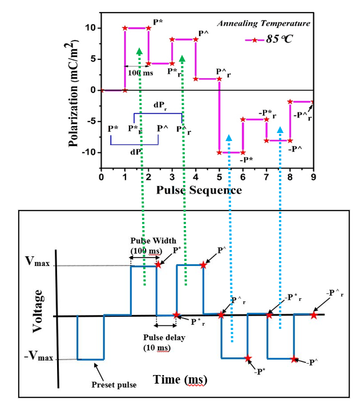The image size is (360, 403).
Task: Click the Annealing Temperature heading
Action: coord(264,24)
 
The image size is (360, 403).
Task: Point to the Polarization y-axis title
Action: coord(74,94)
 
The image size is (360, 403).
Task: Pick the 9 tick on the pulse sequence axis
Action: coord(313,177)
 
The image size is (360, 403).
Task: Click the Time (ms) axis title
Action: coord(180,380)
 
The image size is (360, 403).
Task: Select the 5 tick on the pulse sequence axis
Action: coord(219,177)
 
